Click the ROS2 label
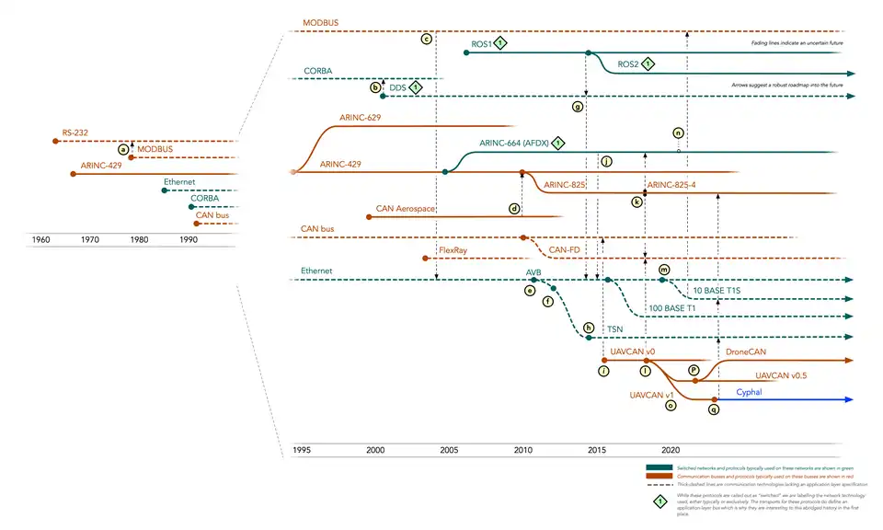[628, 64]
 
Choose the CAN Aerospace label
[406, 210]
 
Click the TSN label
[614, 328]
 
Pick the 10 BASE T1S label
[717, 289]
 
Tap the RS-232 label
[75, 133]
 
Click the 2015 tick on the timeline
[596, 450]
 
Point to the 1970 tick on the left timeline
[89, 239]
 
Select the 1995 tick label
[302, 450]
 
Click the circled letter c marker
[426, 40]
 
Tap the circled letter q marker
[713, 410]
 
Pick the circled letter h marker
[589, 327]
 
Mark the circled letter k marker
[636, 202]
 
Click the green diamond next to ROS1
[499, 43]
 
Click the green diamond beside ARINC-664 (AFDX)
[557, 144]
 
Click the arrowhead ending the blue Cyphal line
[852, 399]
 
